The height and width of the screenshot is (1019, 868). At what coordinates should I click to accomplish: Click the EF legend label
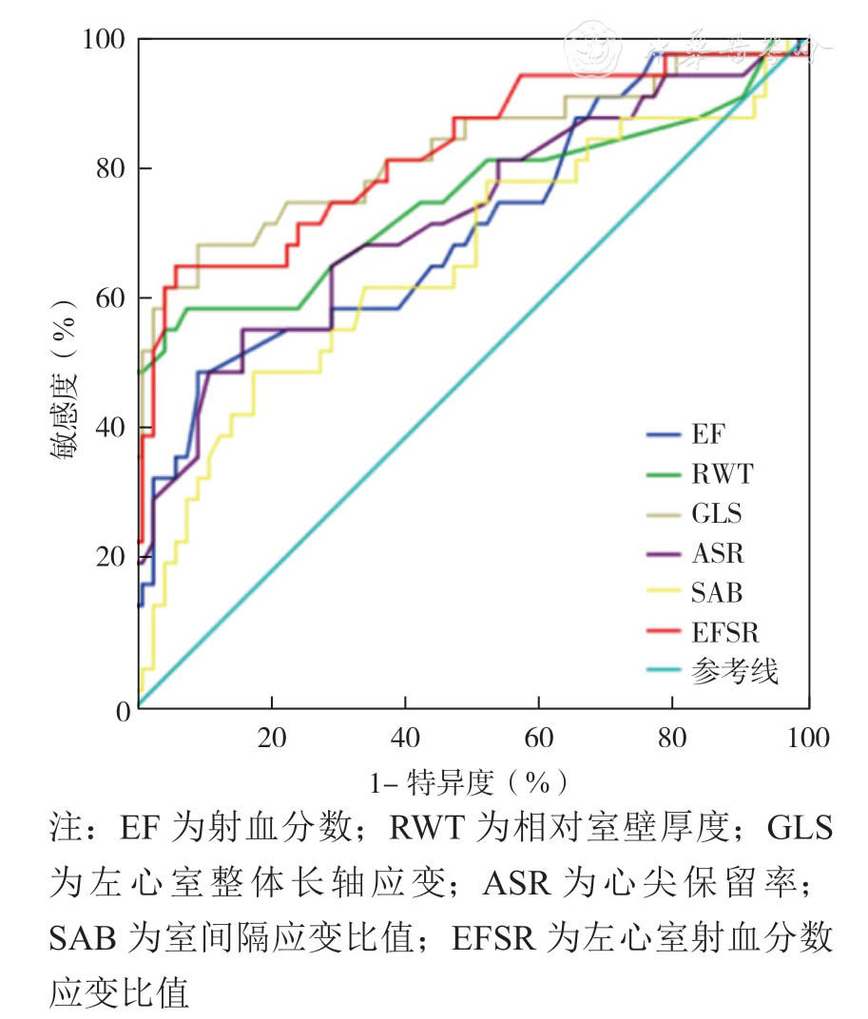(x=706, y=434)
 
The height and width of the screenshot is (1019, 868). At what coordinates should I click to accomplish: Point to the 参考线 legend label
(x=735, y=671)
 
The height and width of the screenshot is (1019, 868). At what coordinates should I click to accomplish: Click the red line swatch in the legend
(x=665, y=631)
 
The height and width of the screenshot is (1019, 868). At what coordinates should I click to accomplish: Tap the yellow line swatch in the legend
(x=665, y=592)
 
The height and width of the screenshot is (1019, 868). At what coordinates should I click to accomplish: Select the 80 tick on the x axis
(x=673, y=738)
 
